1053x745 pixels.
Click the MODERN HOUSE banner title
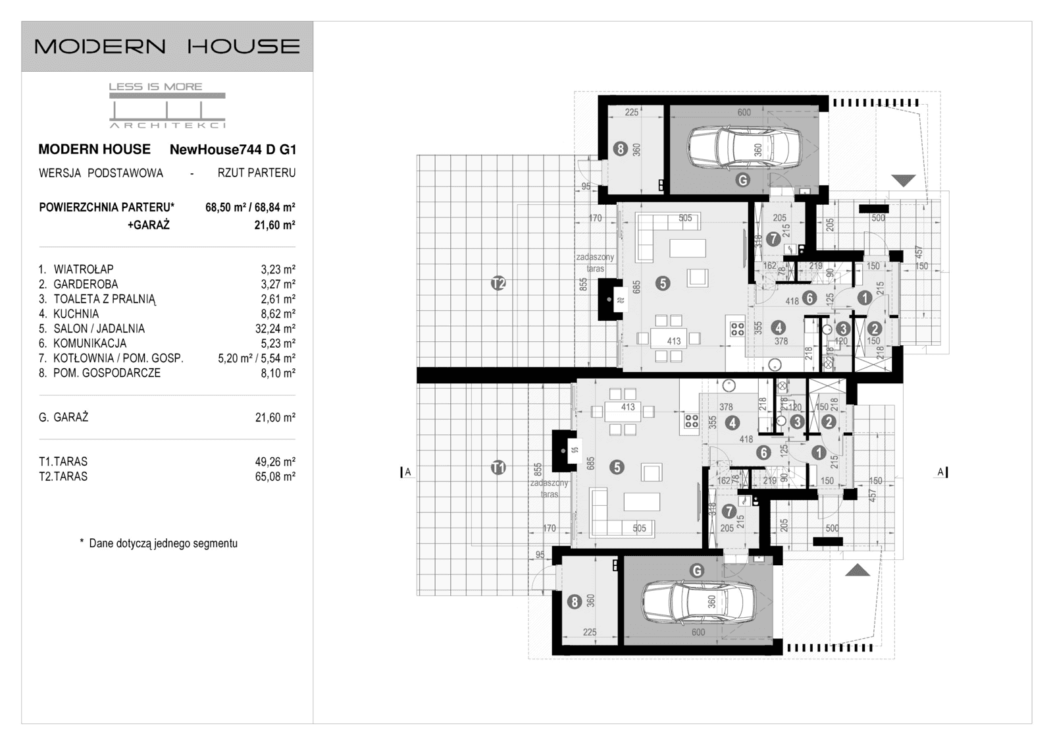coord(167,46)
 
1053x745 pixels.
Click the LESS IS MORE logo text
coord(155,86)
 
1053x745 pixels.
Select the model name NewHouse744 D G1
coord(233,150)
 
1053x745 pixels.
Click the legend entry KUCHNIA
coord(76,314)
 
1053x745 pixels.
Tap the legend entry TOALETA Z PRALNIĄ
coord(105,299)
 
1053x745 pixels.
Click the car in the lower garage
coord(698,600)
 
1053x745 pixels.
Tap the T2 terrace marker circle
coord(498,284)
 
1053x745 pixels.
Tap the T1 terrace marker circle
coord(498,468)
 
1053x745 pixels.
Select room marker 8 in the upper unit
coord(620,149)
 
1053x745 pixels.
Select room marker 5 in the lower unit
coord(617,467)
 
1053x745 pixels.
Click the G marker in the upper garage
coord(742,179)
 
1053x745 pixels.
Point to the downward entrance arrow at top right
coord(904,180)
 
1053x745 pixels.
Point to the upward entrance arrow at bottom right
coord(857,570)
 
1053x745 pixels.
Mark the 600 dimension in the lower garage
coord(698,632)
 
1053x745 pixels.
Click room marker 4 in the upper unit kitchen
coord(779,327)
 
